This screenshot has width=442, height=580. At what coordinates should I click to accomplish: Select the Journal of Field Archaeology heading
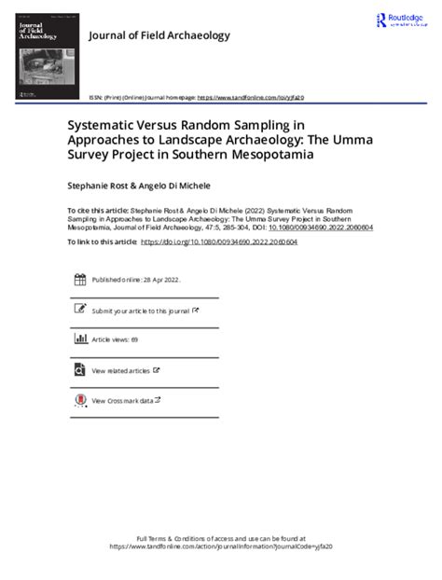tap(158, 35)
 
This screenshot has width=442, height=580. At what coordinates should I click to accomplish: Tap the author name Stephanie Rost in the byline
tap(101, 186)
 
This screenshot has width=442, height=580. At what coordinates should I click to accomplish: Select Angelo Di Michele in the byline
tap(184, 186)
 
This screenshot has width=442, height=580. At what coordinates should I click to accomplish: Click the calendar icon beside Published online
tap(79, 279)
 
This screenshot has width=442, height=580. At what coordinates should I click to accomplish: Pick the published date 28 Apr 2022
tap(161, 279)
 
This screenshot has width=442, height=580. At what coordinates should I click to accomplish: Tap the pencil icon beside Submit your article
tap(79, 310)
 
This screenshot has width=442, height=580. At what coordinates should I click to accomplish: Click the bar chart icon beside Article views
tap(79, 339)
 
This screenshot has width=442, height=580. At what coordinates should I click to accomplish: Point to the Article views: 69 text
tap(115, 339)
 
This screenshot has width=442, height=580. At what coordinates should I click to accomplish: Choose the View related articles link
tap(121, 370)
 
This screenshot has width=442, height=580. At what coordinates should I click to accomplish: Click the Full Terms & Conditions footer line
tap(221, 539)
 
